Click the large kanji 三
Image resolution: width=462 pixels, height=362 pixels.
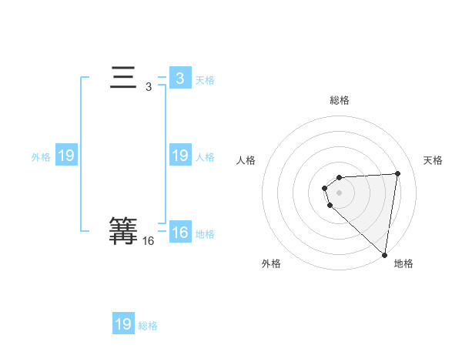point(123,78)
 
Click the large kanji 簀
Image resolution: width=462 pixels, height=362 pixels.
point(123,230)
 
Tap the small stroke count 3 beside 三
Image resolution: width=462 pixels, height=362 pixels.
point(149,87)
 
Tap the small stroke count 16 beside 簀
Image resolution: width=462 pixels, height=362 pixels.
point(149,241)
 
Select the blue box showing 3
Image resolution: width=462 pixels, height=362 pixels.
point(179,78)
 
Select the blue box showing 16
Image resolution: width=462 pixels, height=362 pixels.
point(179,232)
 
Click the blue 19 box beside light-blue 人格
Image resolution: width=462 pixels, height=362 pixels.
point(179,156)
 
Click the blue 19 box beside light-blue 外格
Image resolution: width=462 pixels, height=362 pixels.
point(65,156)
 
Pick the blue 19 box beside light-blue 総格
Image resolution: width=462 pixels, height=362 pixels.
point(123,324)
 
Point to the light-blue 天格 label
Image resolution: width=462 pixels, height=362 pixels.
point(205,80)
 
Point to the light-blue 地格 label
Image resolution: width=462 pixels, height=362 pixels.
point(205,234)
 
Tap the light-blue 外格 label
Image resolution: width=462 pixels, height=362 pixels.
point(41,157)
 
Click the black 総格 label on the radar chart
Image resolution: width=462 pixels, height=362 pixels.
point(340,100)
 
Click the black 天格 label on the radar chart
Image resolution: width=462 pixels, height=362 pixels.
point(433,160)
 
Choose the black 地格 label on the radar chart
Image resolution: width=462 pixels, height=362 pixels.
point(403,263)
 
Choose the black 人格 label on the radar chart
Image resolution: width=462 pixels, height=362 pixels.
point(246,160)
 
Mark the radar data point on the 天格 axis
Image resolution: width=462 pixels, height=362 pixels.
point(398,173)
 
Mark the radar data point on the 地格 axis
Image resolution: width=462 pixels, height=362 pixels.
point(385,255)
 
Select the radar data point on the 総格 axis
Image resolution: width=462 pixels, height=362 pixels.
point(340,178)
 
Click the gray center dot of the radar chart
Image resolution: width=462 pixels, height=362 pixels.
point(340,192)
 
